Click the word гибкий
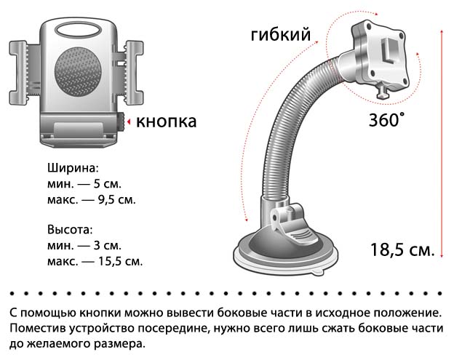(281, 35)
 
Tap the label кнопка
(166, 122)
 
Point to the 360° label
(386, 120)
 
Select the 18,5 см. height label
(403, 249)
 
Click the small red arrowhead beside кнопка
(129, 122)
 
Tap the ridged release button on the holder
(121, 122)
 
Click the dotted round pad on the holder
(78, 72)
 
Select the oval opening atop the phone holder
(78, 30)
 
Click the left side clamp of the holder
(18, 73)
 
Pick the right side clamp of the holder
(134, 73)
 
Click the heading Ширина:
(73, 168)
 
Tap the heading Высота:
(70, 230)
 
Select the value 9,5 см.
(117, 200)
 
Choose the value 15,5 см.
(121, 261)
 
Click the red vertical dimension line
(442, 143)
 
